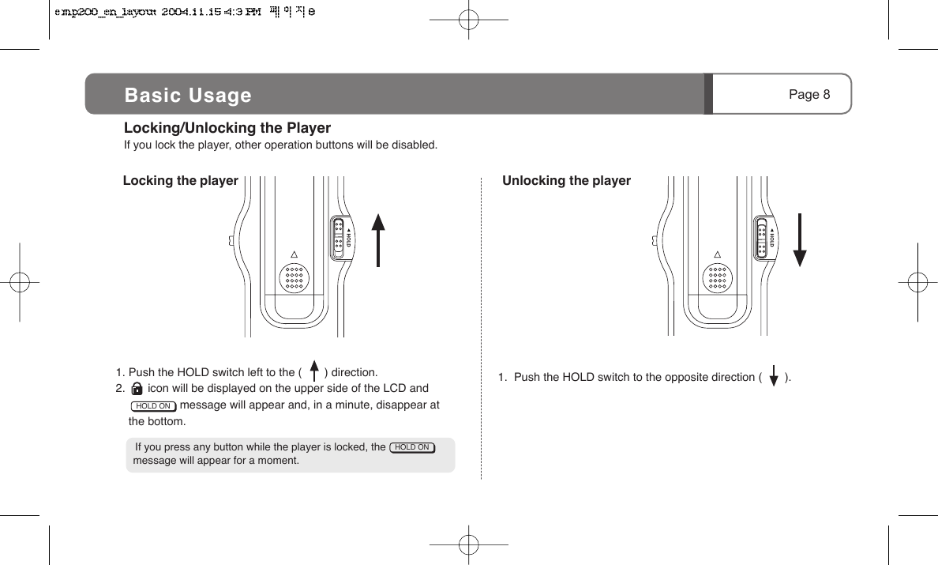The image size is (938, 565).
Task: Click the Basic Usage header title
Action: pos(188,96)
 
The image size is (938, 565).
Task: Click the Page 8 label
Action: pos(809,95)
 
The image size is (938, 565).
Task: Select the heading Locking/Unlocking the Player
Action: pos(227,128)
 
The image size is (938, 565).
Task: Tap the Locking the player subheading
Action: pos(181,181)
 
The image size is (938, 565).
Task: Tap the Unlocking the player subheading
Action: pos(567,181)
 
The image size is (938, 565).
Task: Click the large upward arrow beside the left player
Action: pos(379,240)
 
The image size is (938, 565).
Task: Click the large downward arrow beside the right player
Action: pos(800,240)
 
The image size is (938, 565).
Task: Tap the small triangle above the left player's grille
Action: pos(294,254)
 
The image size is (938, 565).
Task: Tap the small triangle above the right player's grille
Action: pos(718,254)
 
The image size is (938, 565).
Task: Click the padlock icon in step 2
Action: pos(137,389)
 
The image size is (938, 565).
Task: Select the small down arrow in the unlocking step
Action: pos(774,377)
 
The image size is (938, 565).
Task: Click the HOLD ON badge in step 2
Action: pos(153,406)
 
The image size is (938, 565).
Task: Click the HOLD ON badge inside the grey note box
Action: pos(412,447)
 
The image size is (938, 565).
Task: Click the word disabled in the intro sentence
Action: pos(416,145)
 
